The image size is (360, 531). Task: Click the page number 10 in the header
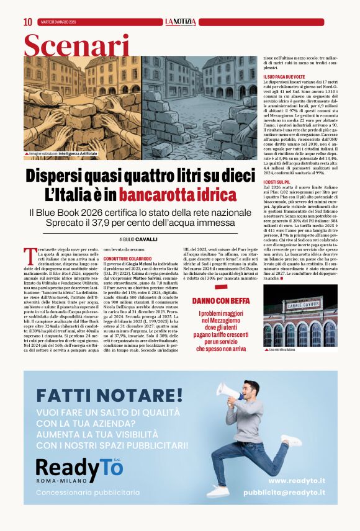[x=27, y=22]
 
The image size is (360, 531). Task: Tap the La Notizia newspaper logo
[x=180, y=22]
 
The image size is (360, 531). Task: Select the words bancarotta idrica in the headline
[x=178, y=195]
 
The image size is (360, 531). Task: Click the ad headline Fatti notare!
[x=109, y=395]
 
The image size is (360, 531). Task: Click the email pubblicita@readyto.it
[x=284, y=493]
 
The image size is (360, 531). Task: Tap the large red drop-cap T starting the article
[x=29, y=254]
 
